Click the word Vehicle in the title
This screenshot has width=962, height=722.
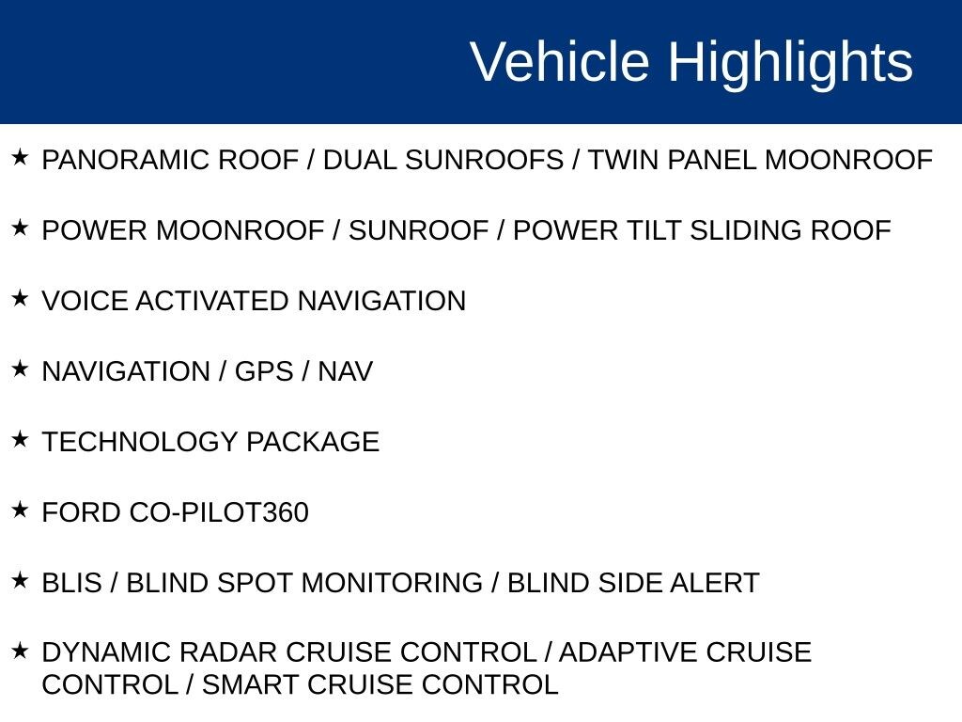point(560,61)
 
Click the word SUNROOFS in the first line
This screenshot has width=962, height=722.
point(484,160)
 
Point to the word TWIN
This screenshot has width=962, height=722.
point(624,160)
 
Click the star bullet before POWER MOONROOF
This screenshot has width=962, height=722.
point(20,228)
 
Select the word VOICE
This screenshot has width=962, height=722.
point(85,301)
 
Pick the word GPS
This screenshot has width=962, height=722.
point(264,371)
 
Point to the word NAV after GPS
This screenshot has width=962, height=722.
point(346,371)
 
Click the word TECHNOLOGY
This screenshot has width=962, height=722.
point(140,442)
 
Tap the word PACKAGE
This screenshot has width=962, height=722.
point(313,442)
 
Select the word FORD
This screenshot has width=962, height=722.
point(82,512)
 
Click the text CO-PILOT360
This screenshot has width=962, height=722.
point(219,512)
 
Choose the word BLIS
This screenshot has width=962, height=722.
point(71,583)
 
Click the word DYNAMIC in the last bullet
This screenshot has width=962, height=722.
point(103,652)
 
